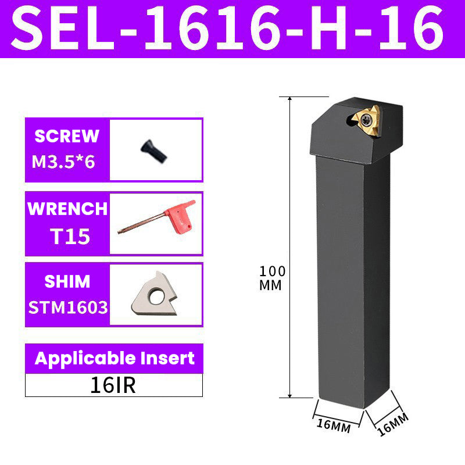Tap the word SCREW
pyautogui.click(x=67, y=136)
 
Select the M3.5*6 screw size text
pyautogui.click(x=63, y=161)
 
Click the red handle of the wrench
pyautogui.click(x=179, y=214)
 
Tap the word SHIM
pyautogui.click(x=67, y=281)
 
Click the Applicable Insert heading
pyautogui.click(x=115, y=357)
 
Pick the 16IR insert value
pyautogui.click(x=113, y=385)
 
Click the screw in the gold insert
pyautogui.click(x=369, y=120)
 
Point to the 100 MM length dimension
pyautogui.click(x=271, y=278)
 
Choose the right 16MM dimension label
pyautogui.click(x=392, y=424)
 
